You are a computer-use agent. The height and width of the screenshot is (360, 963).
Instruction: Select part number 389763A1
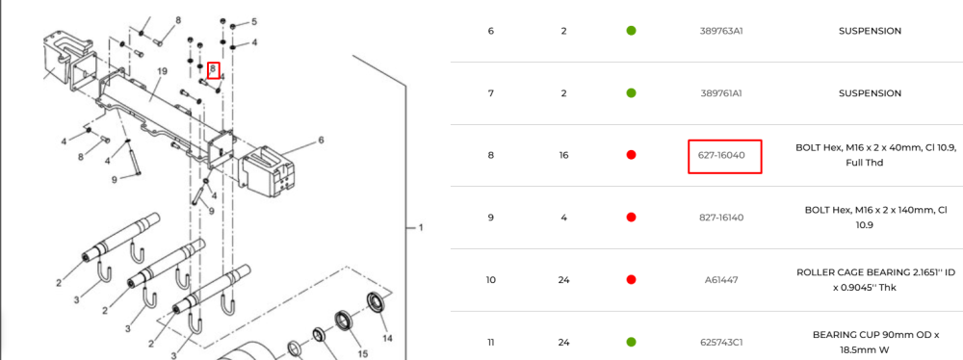pos(721,31)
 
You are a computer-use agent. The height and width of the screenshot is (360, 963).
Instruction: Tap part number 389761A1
pos(721,93)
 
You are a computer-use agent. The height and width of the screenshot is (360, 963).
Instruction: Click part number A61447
pos(721,280)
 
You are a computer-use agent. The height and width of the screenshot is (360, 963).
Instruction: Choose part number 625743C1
pos(721,342)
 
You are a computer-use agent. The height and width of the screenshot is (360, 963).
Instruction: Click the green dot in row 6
pos(631,31)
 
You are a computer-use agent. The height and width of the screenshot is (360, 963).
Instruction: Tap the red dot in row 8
pos(631,155)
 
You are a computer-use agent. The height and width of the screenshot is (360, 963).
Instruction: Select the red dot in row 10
pos(631,280)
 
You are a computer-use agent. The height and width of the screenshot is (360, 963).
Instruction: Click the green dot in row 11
pos(631,342)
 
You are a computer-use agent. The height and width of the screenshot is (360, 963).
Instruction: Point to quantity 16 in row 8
pos(563,155)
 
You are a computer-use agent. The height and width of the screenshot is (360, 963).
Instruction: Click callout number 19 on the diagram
pos(162,72)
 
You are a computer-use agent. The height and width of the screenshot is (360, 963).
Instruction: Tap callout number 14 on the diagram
pos(387,338)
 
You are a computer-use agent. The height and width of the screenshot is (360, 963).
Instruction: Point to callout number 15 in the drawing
pos(363,353)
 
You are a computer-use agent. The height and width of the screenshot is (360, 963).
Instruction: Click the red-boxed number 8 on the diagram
pos(213,69)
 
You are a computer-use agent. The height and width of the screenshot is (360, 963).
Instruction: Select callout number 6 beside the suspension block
pos(321,141)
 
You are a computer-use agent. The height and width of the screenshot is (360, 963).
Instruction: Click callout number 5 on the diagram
pos(254,22)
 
